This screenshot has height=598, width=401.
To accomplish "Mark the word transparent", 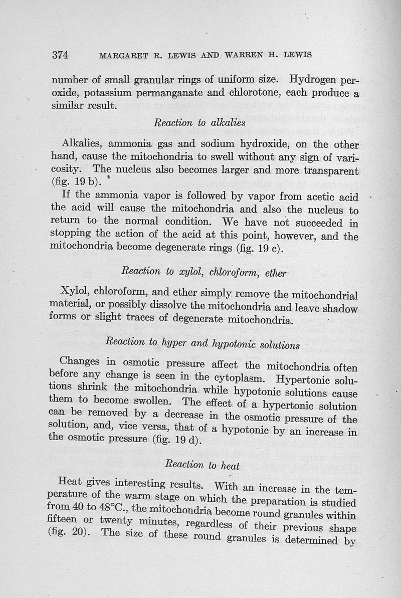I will (x=331, y=170).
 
